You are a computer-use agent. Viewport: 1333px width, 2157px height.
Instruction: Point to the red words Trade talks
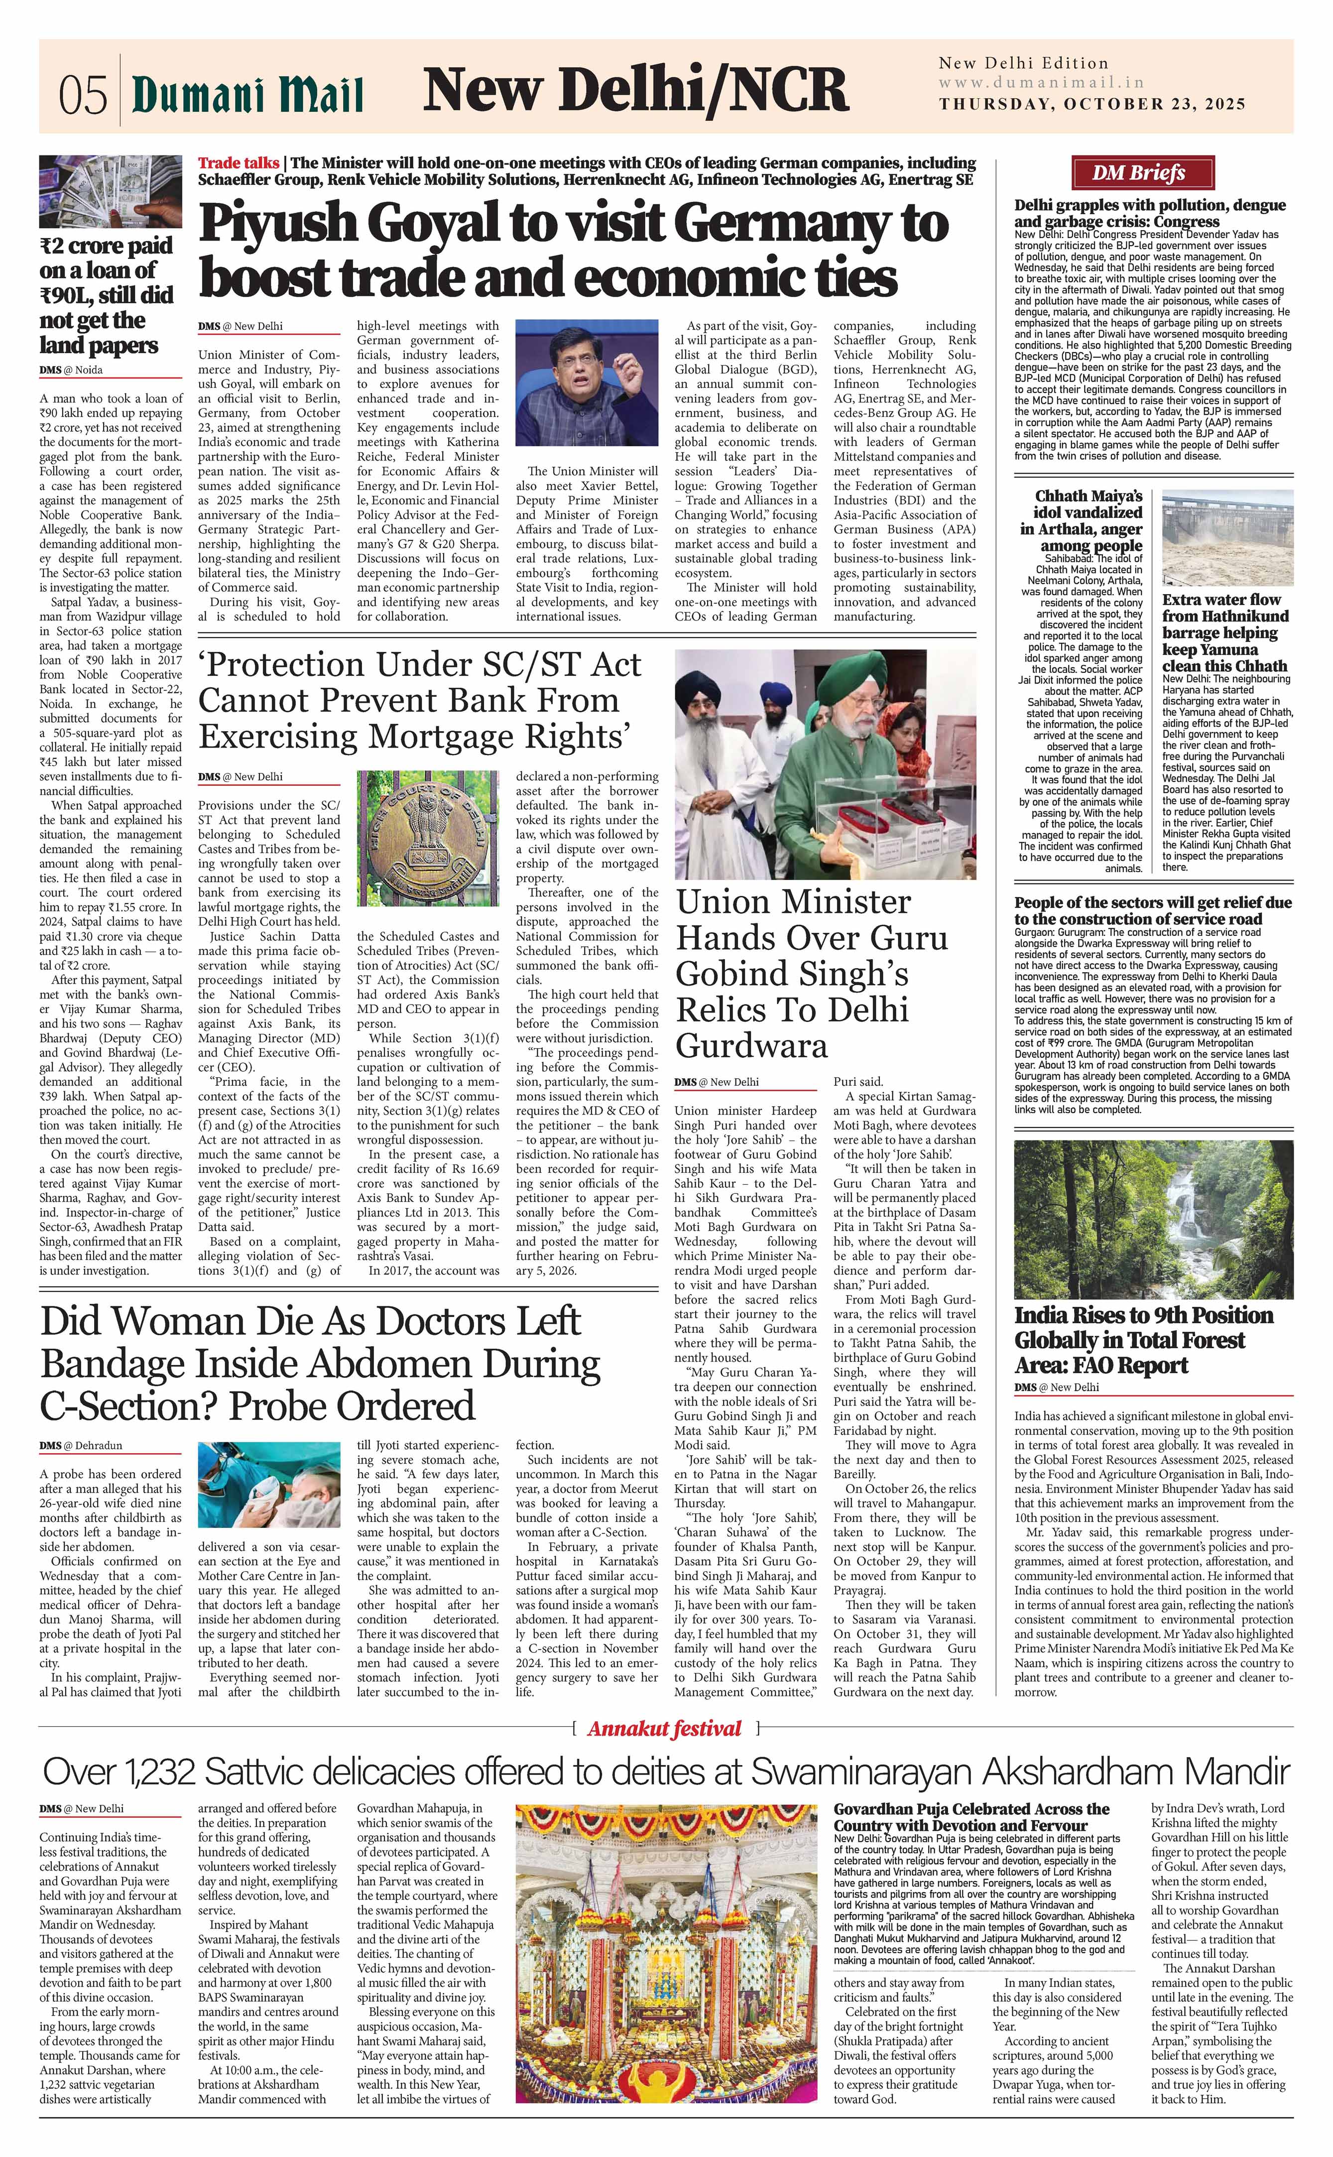(238, 163)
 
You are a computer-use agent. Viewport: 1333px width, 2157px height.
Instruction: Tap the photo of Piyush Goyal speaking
(586, 382)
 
